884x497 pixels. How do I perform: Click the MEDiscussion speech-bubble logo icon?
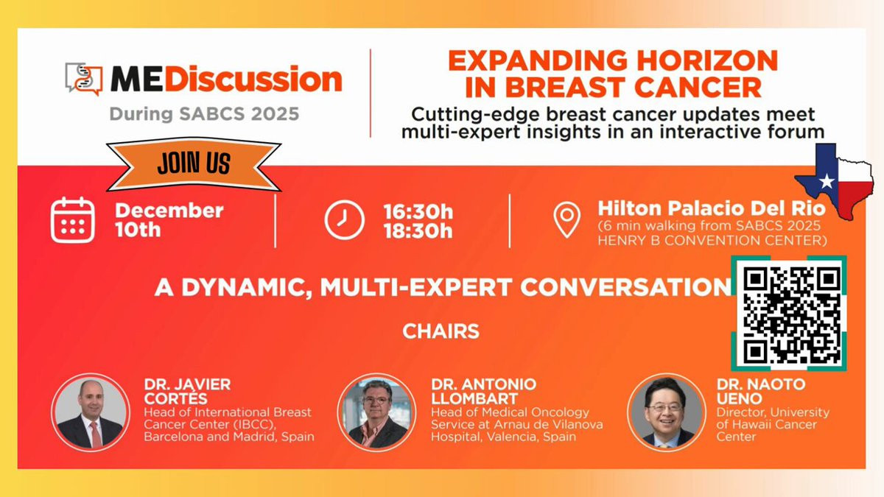[x=84, y=79]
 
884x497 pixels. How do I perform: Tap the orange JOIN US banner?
[x=194, y=163]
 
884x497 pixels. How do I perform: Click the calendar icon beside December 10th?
[x=73, y=220]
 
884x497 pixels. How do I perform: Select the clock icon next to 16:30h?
[x=344, y=219]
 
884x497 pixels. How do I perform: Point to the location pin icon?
[x=566, y=219]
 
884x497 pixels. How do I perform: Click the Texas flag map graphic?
[x=834, y=181]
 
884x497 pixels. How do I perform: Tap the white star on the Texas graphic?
[x=827, y=181]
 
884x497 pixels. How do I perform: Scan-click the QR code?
[x=788, y=314]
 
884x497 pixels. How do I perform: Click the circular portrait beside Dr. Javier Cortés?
[x=91, y=412]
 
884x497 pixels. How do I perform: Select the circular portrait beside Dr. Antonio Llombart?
[x=376, y=412]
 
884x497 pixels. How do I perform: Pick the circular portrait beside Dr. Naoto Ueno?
[x=666, y=412]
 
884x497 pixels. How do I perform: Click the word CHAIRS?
[x=441, y=331]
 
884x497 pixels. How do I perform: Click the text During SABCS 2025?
[x=205, y=114]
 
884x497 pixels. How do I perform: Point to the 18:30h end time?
[x=418, y=230]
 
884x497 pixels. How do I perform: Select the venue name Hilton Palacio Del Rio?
[x=712, y=208]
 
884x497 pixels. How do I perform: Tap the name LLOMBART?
[x=474, y=399]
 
